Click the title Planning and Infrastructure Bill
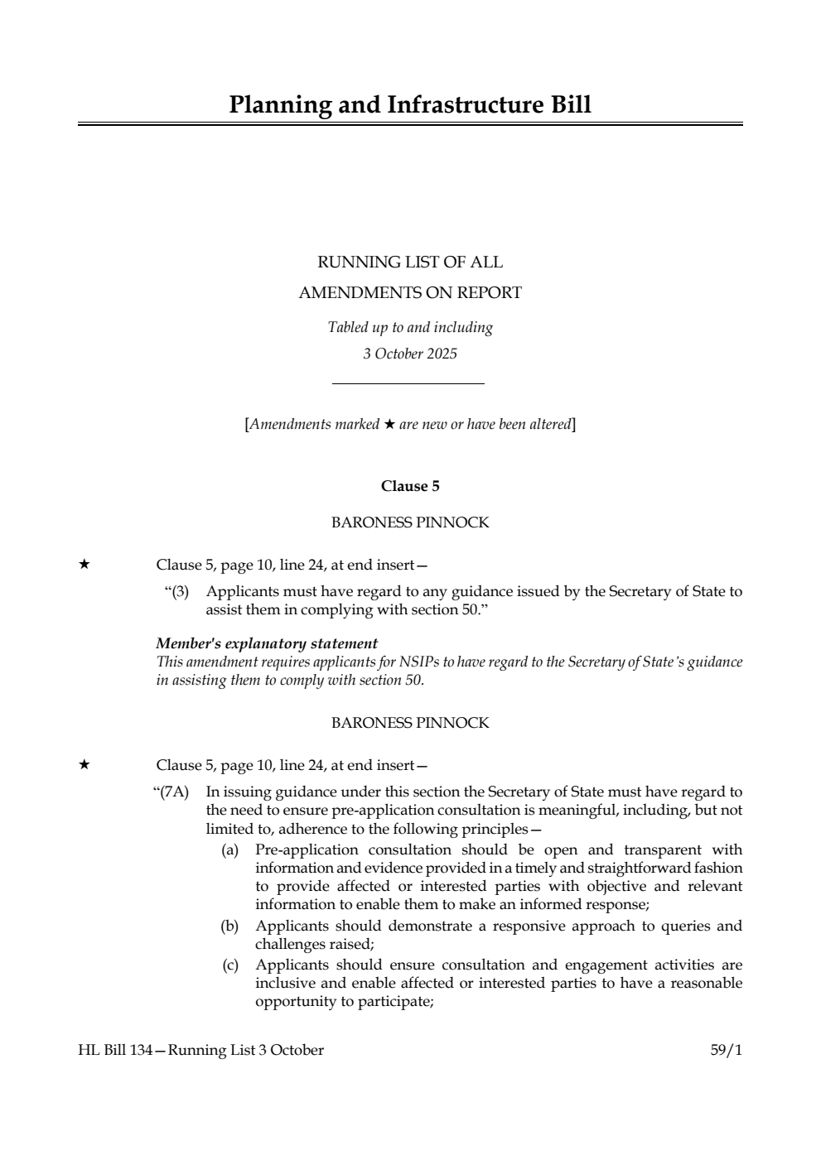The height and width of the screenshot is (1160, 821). pos(410,105)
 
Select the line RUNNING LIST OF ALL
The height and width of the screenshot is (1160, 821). pos(410,262)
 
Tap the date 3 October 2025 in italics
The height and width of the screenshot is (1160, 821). pos(410,354)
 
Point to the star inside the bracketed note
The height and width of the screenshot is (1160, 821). pos(389,425)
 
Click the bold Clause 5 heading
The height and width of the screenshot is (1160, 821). pos(410,486)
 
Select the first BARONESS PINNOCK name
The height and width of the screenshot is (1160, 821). pos(410,522)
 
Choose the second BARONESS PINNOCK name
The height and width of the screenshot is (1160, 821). pos(410,723)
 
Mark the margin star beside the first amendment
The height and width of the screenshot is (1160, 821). pos(84,565)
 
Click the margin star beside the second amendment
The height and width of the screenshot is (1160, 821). pos(84,765)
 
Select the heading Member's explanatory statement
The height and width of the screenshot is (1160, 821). pos(267,643)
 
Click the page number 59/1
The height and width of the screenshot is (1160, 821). pos(727,1050)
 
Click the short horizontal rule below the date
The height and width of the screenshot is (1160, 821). pos(408,383)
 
